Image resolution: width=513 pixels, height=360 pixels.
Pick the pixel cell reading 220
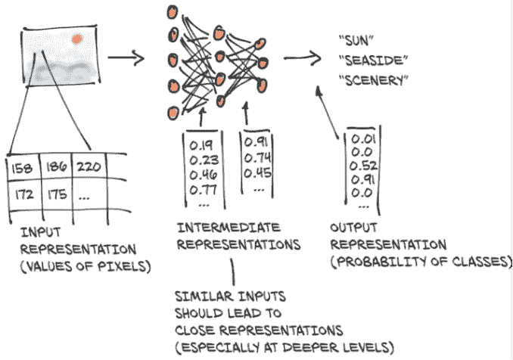(91, 164)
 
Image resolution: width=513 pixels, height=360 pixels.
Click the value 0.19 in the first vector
(201, 142)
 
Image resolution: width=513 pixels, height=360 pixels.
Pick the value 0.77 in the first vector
(202, 189)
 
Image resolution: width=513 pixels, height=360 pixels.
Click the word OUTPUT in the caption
(353, 227)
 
